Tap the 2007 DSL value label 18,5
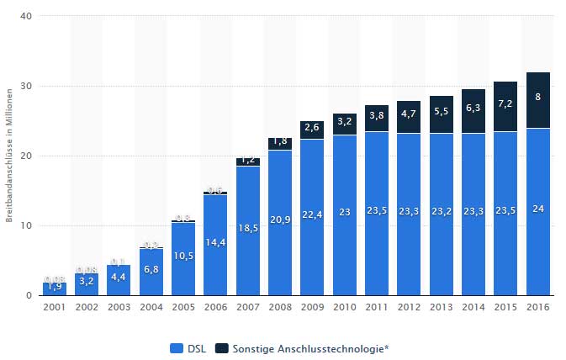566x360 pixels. pos(248,228)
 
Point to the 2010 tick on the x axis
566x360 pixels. pos(344,307)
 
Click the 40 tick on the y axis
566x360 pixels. pos(28,17)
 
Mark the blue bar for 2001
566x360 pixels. pos(53,289)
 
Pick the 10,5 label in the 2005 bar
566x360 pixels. pos(183,256)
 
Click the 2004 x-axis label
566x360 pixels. pos(151,307)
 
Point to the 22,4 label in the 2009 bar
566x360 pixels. pos(312,214)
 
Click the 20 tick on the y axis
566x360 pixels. pos(28,156)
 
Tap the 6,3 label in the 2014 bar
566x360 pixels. pos(473,108)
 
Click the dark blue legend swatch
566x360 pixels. pos(221,347)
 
